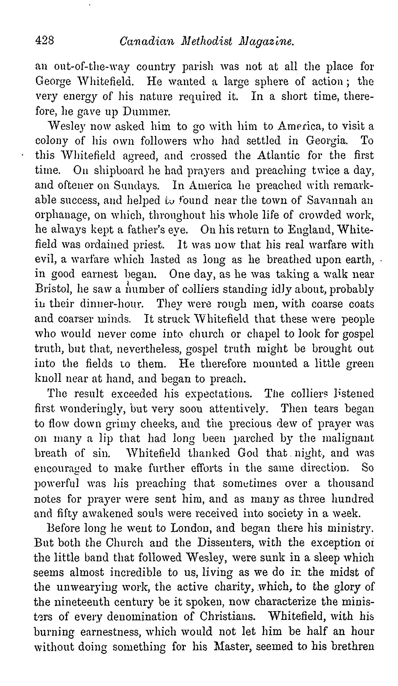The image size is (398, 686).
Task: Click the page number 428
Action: click(x=45, y=41)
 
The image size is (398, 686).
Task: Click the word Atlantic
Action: click(x=278, y=155)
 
